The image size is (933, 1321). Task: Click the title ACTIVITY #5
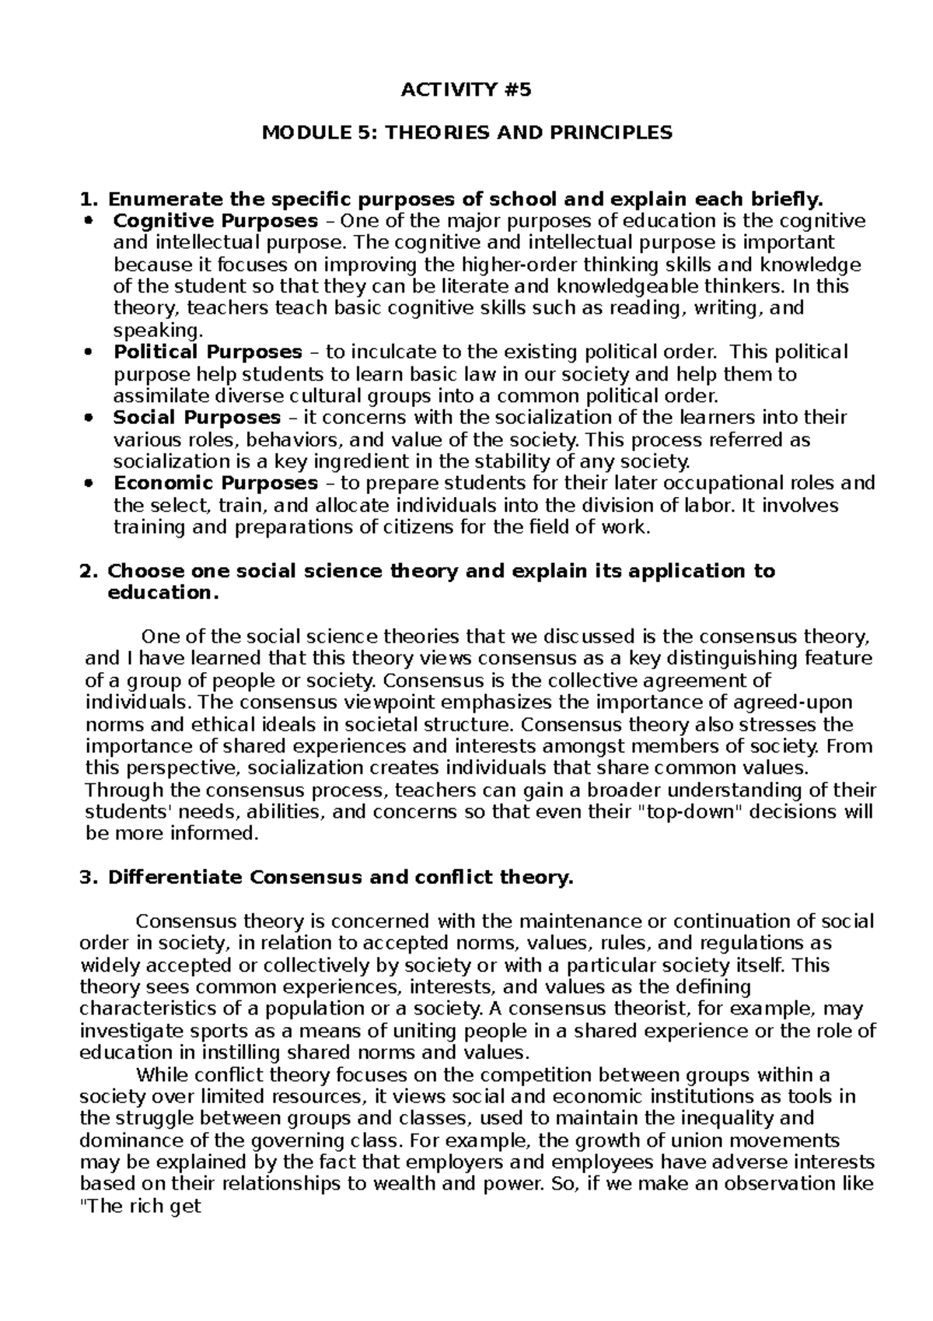click(x=466, y=90)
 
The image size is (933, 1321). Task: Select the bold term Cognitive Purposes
click(x=215, y=220)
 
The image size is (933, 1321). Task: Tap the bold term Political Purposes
click(x=208, y=352)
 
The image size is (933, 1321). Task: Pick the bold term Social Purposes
click(x=197, y=418)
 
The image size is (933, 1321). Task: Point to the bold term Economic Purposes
click(x=215, y=483)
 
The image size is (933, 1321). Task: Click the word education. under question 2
click(x=159, y=593)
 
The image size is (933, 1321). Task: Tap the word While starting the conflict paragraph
click(x=162, y=1075)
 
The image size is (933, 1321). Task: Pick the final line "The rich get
click(x=141, y=1207)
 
